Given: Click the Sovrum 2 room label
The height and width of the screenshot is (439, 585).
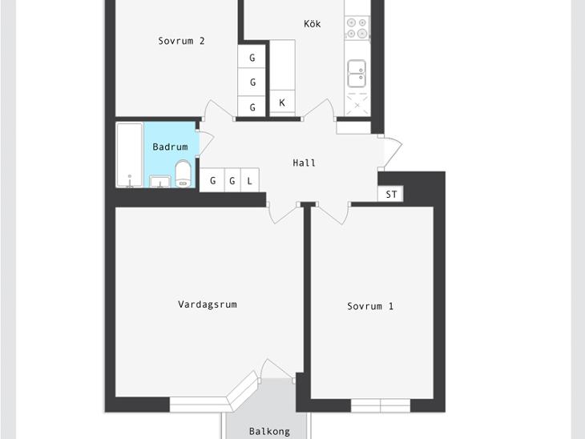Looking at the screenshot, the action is tap(181, 41).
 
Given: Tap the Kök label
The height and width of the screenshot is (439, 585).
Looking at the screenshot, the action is tap(313, 24).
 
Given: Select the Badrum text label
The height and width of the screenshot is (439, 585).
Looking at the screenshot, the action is tap(170, 147).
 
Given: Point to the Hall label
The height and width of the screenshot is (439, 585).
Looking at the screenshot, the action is tap(304, 163).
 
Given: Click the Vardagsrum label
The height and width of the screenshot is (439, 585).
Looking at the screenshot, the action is tap(208, 304).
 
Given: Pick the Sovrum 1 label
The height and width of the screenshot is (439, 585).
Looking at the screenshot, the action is tap(370, 306).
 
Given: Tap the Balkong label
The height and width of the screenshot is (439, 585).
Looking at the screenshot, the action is tap(269, 432).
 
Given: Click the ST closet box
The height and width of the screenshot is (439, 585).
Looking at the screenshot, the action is tap(390, 194).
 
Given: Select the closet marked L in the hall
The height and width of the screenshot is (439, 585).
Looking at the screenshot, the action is tap(250, 180).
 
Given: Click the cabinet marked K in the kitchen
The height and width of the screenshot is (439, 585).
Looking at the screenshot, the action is tap(282, 103).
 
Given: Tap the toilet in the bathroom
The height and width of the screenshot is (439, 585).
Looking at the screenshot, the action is tap(183, 173).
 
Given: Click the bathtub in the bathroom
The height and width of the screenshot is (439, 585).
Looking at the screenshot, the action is tap(130, 155).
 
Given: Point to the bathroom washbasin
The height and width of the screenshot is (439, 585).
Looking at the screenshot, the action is tap(160, 181).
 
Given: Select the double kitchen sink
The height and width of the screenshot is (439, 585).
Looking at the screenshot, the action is tap(357, 74).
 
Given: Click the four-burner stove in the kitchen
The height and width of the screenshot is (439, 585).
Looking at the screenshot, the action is tap(357, 27).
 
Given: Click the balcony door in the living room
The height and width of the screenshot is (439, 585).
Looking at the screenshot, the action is tap(276, 369).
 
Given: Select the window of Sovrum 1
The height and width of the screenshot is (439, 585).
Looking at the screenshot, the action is tap(381, 405).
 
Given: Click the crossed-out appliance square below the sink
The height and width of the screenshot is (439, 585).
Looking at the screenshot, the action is tap(357, 105).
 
